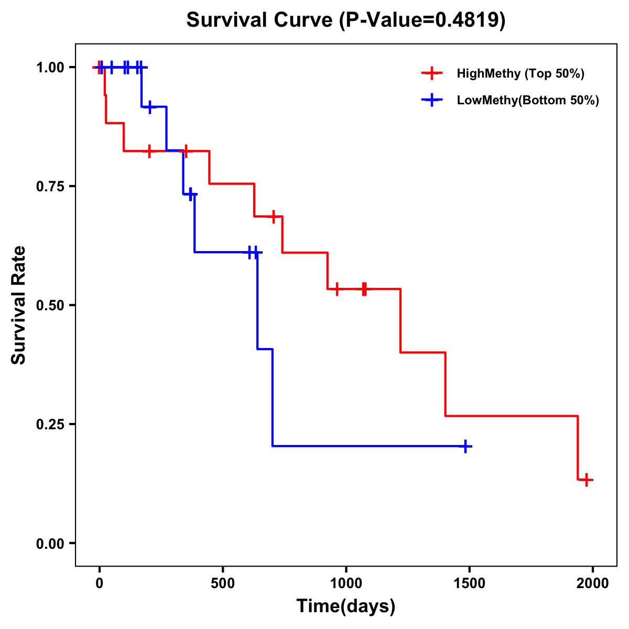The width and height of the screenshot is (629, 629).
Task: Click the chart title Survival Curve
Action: point(260,20)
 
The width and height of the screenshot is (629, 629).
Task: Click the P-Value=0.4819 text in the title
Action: point(422,20)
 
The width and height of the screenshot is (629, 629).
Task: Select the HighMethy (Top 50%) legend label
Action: point(520,73)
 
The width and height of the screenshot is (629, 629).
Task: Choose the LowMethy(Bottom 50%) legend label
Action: point(528,100)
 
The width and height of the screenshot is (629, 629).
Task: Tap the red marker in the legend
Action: point(431,73)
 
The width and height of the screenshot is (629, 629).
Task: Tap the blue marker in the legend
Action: point(431,100)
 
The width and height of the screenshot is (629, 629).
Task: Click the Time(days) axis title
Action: point(346,606)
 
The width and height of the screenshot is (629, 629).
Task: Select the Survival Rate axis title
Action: point(19,305)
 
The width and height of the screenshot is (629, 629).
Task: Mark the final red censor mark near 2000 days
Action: point(587,480)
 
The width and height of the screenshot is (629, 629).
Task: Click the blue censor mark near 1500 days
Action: point(465,447)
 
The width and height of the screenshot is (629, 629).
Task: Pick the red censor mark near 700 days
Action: point(273,216)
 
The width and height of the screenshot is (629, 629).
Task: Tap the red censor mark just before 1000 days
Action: point(337,289)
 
